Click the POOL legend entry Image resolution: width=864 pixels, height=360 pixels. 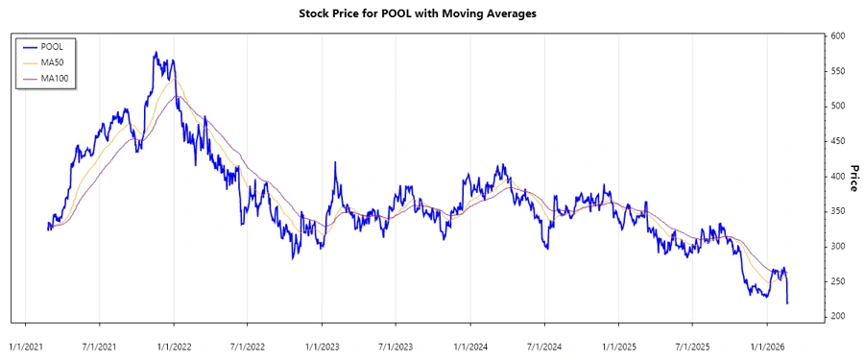coord(53,45)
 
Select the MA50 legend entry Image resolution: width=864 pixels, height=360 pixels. coord(53,61)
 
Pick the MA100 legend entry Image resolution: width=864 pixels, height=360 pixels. coord(55,78)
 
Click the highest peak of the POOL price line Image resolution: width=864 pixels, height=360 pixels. coord(155,53)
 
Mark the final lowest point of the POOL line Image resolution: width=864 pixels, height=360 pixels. coord(787,303)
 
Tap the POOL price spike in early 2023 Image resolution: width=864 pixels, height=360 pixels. coord(334,163)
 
